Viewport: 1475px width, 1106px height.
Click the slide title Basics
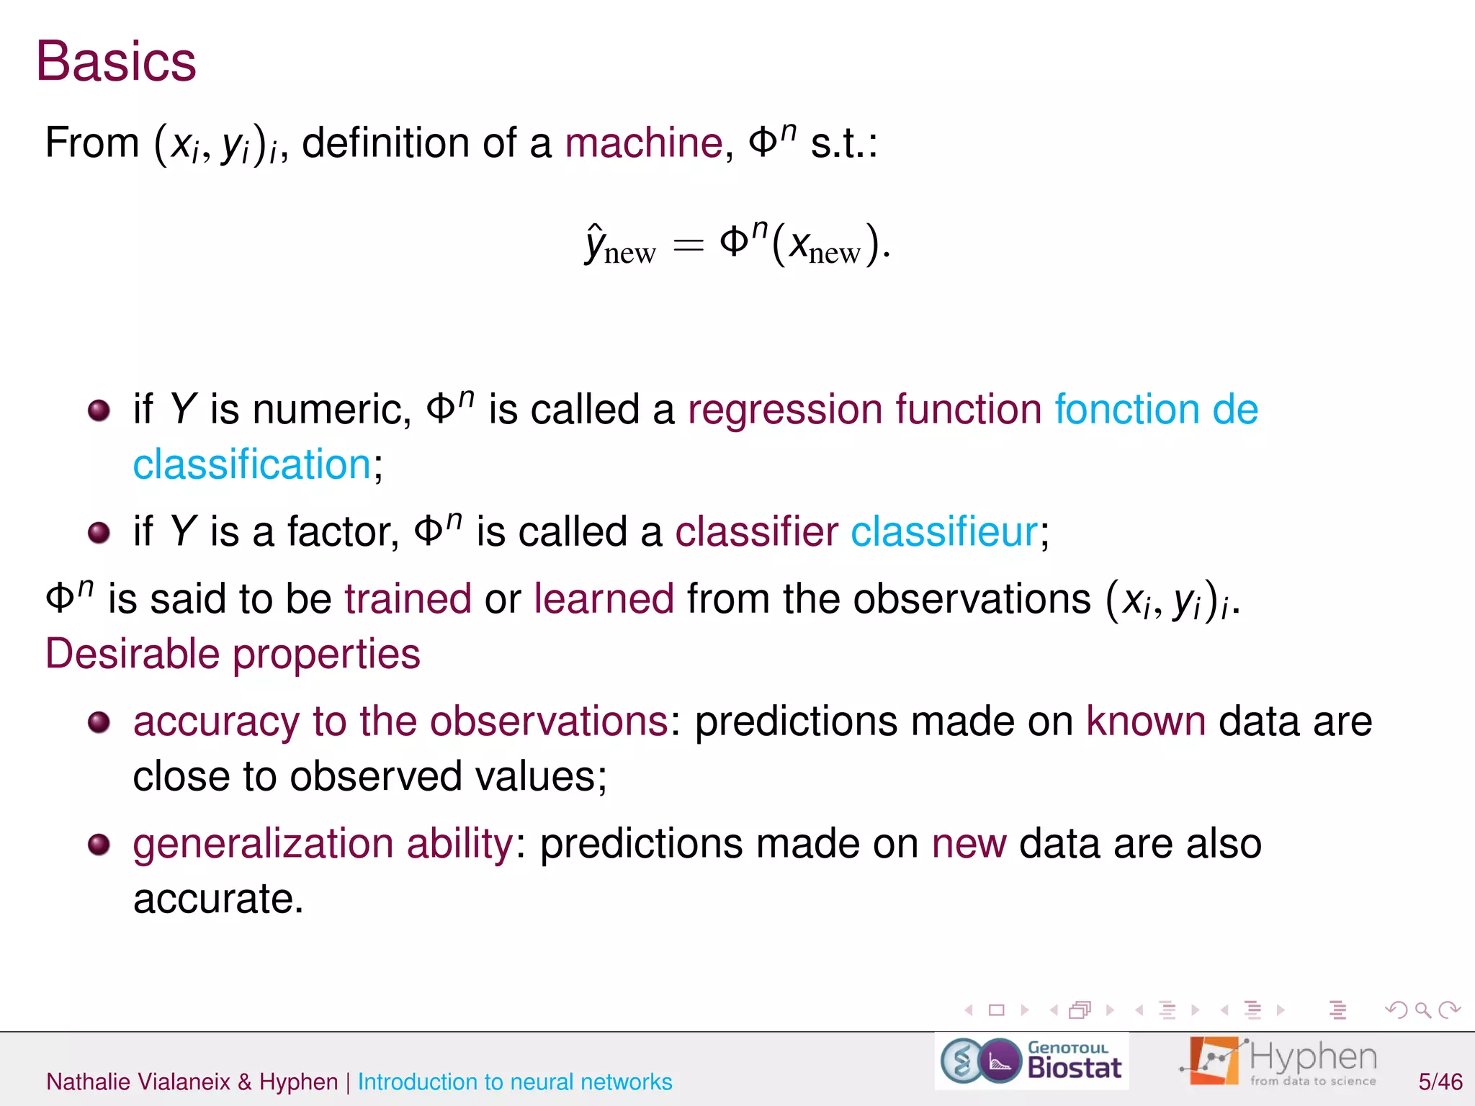click(x=116, y=61)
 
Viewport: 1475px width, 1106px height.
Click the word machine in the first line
click(x=643, y=143)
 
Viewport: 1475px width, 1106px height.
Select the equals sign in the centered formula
click(x=687, y=246)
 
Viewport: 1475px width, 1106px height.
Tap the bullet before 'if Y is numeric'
click(x=99, y=411)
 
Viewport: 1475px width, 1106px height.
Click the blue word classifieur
click(x=944, y=532)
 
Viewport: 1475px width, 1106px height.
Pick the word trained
click(x=408, y=599)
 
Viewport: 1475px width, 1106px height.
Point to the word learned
click(x=604, y=599)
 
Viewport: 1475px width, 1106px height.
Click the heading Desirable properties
click(x=233, y=654)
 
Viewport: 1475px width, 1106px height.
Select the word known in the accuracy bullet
click(x=1145, y=721)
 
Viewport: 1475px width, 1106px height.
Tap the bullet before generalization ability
click(x=99, y=844)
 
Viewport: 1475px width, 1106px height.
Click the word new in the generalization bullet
click(x=969, y=844)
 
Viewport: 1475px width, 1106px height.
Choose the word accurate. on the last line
click(x=218, y=899)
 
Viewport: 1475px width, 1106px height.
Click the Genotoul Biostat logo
click(x=1031, y=1061)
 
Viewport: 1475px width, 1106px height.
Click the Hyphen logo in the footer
click(x=1279, y=1061)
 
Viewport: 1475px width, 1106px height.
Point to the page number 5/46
click(x=1440, y=1082)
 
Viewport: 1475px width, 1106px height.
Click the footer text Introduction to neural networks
click(x=515, y=1082)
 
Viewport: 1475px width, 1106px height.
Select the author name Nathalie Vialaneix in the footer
click(x=138, y=1082)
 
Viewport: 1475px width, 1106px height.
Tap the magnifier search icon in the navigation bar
click(x=1422, y=1010)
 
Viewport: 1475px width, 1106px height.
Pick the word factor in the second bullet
click(x=343, y=532)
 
